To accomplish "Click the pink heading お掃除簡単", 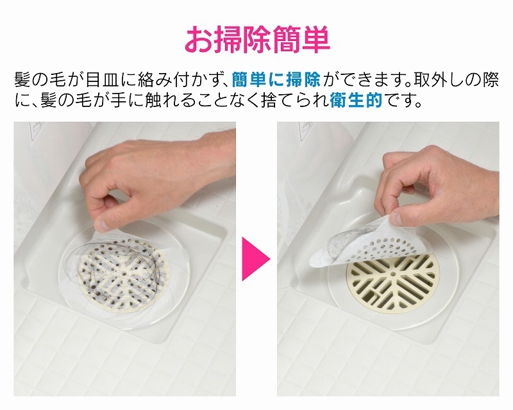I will coord(256,39).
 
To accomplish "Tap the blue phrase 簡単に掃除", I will coord(277,81).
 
